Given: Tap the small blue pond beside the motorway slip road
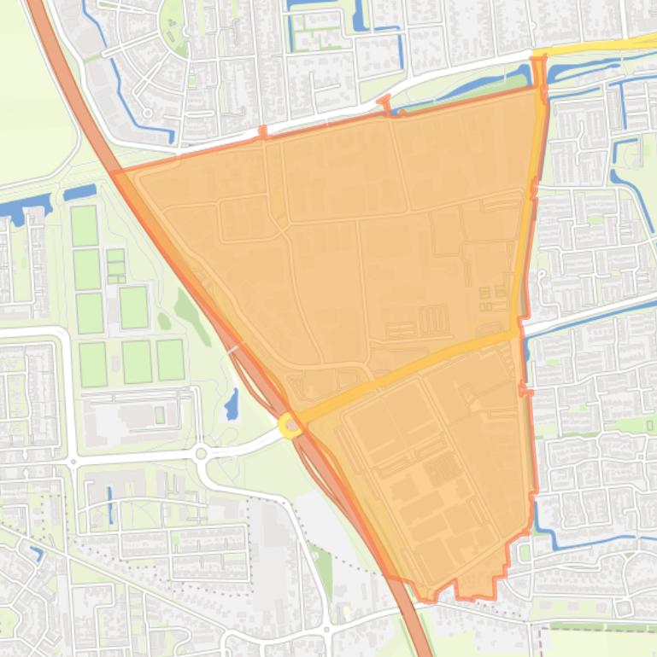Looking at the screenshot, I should tap(232, 404).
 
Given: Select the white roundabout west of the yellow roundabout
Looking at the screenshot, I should tap(201, 454).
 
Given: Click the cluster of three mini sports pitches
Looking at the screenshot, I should tap(115, 266).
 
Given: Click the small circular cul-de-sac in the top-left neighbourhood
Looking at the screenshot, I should tap(148, 113).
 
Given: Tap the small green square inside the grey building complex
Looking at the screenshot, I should tap(160, 415).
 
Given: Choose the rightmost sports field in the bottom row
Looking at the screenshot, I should tap(170, 360).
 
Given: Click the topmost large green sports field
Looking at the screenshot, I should tap(84, 225).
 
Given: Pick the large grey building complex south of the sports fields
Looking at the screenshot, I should tap(128, 418).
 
